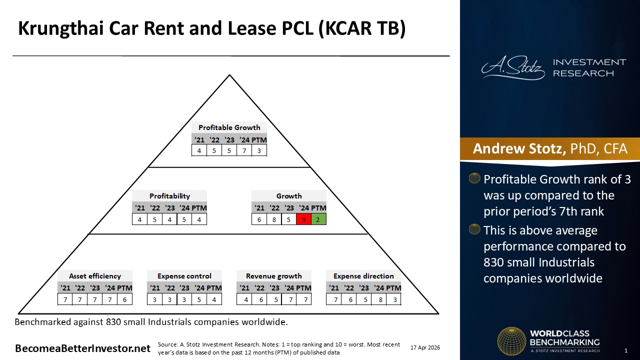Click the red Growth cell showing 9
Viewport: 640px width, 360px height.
[x=303, y=219]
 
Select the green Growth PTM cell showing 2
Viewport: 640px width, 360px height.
[x=318, y=219]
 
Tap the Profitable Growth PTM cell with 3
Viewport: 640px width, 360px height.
[x=259, y=150]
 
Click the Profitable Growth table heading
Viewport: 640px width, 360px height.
[x=229, y=127]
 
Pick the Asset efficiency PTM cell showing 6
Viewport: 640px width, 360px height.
[x=124, y=299]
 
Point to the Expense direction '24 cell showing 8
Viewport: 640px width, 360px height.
[x=380, y=299]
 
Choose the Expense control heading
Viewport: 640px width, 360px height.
[x=184, y=276]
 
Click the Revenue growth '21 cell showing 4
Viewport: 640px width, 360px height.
[x=246, y=299]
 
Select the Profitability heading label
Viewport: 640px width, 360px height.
[x=169, y=196]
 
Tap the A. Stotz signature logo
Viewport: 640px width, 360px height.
[x=513, y=68]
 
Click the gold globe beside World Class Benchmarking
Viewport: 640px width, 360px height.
[x=511, y=341]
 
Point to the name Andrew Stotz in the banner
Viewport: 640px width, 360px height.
[x=519, y=148]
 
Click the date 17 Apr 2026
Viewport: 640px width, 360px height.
[x=425, y=347]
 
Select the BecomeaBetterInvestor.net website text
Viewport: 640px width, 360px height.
[x=82, y=348]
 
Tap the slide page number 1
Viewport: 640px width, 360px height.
[x=626, y=350]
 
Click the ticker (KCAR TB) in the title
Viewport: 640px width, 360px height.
[x=361, y=28]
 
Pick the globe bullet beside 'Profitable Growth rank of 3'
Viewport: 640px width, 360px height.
[x=474, y=178]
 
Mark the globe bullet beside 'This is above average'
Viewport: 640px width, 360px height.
[x=474, y=229]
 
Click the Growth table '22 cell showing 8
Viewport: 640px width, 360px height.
[x=274, y=219]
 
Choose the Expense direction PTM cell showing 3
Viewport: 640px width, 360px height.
[x=395, y=299]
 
